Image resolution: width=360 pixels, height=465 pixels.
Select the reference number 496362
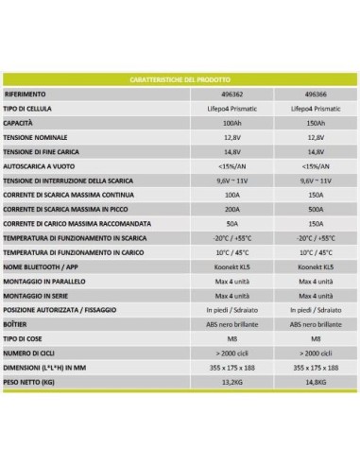point(238,95)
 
